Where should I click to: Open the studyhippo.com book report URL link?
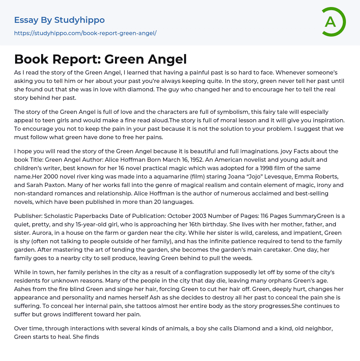(85, 33)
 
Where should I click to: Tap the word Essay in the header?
(26, 20)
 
